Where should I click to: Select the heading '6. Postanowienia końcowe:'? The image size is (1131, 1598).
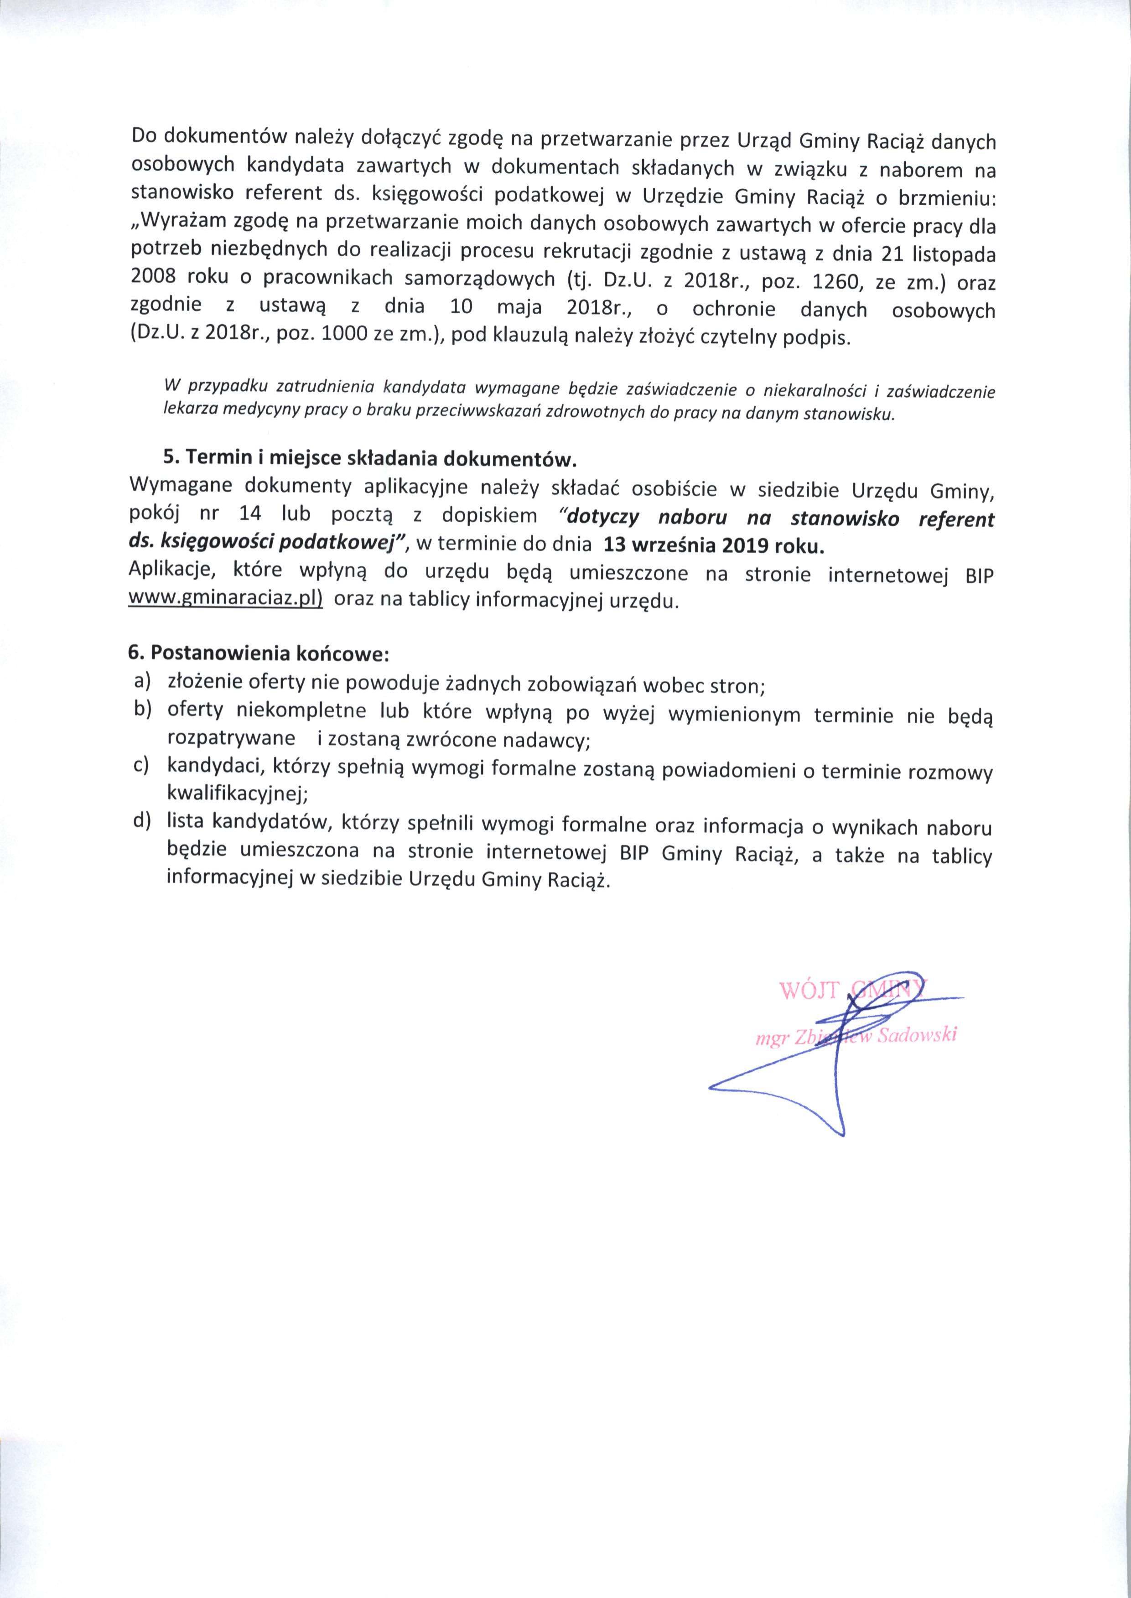(259, 654)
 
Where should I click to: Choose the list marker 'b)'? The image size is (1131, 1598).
(144, 710)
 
